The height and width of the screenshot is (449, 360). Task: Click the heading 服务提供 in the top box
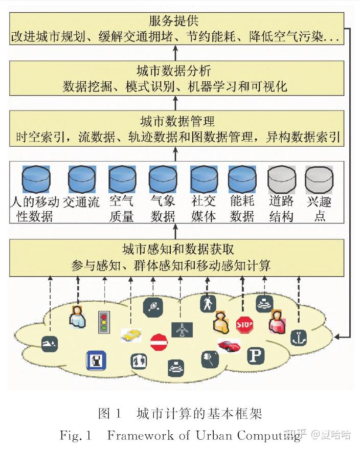click(x=173, y=21)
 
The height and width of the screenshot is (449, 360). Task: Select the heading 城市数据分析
click(x=174, y=70)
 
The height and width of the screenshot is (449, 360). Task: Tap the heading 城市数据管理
click(x=177, y=121)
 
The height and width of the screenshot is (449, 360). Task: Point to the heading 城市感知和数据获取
click(x=178, y=249)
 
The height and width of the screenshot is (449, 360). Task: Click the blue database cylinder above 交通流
click(x=82, y=179)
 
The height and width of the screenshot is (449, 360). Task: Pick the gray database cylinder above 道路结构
click(x=282, y=179)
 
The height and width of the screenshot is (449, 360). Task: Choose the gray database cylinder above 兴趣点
click(x=319, y=179)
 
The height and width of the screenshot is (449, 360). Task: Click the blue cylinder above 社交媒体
click(x=204, y=179)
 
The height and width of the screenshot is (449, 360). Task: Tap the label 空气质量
click(x=121, y=209)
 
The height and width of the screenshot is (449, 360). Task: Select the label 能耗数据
click(x=242, y=209)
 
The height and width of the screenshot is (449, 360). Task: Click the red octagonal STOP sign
click(x=244, y=325)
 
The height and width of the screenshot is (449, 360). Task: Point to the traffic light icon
click(x=104, y=322)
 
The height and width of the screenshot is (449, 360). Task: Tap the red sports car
click(x=229, y=345)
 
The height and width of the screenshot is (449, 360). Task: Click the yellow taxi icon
click(x=131, y=334)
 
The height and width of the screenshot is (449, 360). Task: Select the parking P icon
click(x=256, y=356)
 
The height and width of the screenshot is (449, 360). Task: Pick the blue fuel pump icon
click(x=96, y=360)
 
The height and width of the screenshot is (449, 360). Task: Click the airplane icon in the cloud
click(x=182, y=330)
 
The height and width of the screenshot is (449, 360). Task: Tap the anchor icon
click(x=299, y=338)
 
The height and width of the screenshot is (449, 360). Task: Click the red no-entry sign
click(x=159, y=342)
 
